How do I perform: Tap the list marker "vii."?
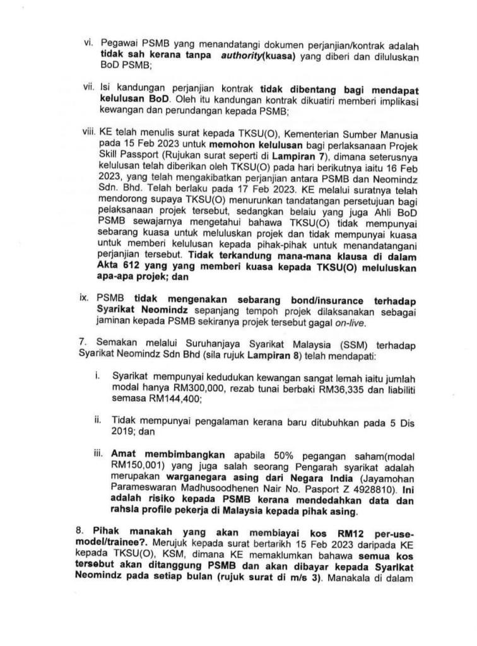pos(88,86)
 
